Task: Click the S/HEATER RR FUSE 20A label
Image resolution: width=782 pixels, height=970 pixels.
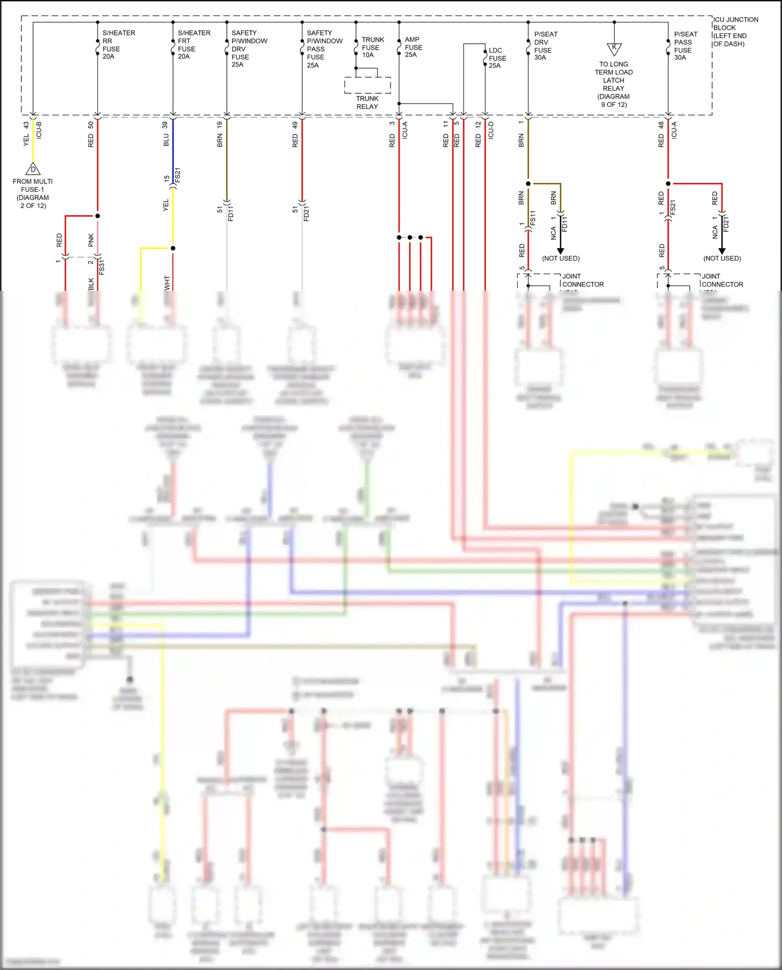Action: pos(118,45)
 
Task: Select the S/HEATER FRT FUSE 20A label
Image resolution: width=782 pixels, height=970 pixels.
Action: pos(193,45)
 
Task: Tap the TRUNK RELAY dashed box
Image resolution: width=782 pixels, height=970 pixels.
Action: pos(368,85)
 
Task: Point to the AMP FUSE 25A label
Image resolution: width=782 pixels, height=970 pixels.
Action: pos(413,47)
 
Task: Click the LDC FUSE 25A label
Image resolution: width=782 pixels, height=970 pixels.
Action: pos(497,58)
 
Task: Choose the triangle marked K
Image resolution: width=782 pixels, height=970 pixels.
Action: pos(614,48)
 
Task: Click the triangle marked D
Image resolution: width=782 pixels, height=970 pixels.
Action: pos(33,169)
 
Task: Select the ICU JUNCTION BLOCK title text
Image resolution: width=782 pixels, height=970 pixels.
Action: pos(735,31)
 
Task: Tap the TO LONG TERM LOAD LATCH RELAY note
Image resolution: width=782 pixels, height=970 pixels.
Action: pos(614,84)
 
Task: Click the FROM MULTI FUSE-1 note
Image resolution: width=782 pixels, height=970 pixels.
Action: pos(33,193)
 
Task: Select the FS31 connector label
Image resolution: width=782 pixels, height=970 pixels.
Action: pos(102,267)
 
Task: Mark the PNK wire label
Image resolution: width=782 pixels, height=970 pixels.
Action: pos(91,240)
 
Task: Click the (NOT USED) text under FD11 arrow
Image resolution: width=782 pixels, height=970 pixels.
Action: pos(560,259)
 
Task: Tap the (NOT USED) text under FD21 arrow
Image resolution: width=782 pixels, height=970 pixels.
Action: pos(722,259)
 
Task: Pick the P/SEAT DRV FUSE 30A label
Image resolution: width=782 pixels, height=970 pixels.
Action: pos(545,46)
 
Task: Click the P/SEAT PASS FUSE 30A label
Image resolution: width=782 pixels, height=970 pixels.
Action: pos(685,46)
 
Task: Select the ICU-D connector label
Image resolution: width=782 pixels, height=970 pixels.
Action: pos(491,130)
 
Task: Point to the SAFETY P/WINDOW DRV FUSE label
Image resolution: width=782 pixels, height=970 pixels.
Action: pos(249,48)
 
